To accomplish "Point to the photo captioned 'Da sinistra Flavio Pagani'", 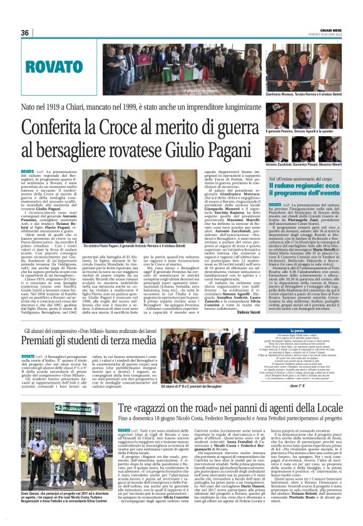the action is pos(115,207).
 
